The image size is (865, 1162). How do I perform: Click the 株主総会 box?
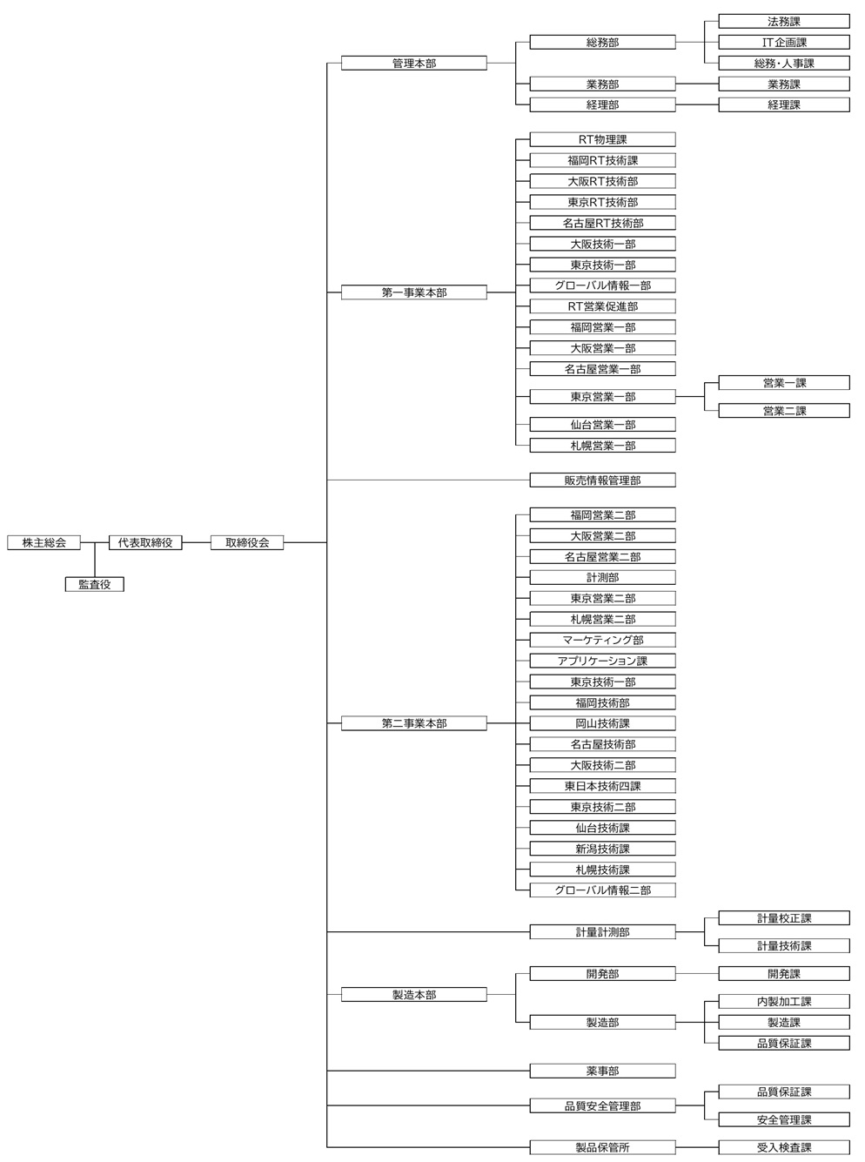[x=44, y=542]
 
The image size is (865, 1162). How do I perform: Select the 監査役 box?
[x=95, y=584]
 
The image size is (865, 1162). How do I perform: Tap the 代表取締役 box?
[x=145, y=542]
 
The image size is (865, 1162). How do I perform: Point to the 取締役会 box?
[x=247, y=542]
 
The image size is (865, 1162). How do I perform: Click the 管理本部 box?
[x=413, y=64]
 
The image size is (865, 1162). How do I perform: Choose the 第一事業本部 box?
[x=413, y=292]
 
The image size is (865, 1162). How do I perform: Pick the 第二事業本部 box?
[x=413, y=723]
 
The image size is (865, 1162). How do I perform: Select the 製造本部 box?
[x=413, y=994]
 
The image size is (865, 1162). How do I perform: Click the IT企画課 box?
[x=783, y=42]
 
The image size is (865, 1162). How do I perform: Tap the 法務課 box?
[x=783, y=21]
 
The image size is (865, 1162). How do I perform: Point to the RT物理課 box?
[x=602, y=139]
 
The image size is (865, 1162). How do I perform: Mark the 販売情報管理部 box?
[x=602, y=480]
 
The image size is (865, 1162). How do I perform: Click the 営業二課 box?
[x=783, y=411]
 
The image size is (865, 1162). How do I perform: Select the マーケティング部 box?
[x=602, y=640]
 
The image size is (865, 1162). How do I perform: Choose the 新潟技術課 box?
[x=602, y=849]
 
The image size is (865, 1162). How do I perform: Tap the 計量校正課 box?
[x=783, y=917]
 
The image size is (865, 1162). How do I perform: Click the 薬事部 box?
[x=602, y=1071]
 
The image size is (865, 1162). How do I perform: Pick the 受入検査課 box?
[x=783, y=1147]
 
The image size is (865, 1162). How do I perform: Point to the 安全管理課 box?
[x=783, y=1119]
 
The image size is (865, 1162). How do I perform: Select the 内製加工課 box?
[x=783, y=1001]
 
